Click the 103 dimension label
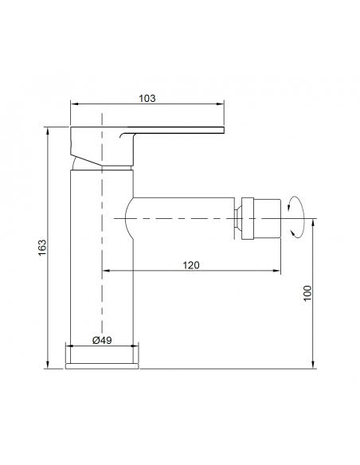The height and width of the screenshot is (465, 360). [x=147, y=98]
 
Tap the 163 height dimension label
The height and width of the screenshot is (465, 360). [x=42, y=248]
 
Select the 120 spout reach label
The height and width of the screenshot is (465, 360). [x=191, y=265]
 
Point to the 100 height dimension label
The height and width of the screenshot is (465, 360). [x=307, y=293]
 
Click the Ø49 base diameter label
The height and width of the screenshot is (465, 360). [x=102, y=340]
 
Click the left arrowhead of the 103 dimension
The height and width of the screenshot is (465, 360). [x=74, y=104]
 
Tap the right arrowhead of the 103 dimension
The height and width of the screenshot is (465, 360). [x=221, y=104]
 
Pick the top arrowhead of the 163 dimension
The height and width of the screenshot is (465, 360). [x=48, y=131]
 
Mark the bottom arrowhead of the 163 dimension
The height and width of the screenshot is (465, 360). [x=48, y=365]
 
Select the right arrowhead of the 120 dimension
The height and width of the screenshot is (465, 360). [x=276, y=271]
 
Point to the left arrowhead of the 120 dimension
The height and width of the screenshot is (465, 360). [x=106, y=271]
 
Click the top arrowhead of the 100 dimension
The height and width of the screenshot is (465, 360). [x=312, y=222]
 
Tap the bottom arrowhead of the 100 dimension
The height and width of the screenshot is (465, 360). [x=312, y=365]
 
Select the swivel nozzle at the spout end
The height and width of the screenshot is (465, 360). [x=261, y=218]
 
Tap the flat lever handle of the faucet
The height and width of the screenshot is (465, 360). [x=176, y=131]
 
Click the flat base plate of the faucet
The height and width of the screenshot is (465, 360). [x=102, y=366]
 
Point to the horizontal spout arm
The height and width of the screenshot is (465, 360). [x=180, y=218]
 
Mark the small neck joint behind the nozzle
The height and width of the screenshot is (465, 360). [x=238, y=218]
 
